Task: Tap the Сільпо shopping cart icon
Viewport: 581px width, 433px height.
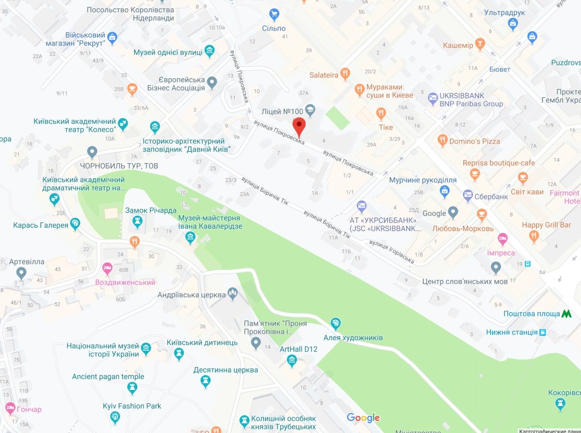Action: tap(274, 15)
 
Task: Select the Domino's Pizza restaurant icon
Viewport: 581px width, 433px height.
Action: tap(442, 141)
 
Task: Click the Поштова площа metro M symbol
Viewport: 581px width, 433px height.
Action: tap(566, 314)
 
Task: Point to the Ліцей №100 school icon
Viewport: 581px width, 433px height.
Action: tap(310, 111)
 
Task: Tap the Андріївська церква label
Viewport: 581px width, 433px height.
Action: tap(192, 294)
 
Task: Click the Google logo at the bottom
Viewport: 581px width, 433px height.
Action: tap(363, 418)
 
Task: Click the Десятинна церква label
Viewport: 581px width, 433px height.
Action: tap(226, 370)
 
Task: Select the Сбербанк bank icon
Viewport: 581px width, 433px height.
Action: tap(468, 196)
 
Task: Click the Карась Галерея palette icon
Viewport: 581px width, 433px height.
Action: tap(75, 224)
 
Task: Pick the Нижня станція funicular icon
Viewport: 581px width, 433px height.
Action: tap(543, 332)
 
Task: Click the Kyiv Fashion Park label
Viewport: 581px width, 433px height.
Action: tap(132, 406)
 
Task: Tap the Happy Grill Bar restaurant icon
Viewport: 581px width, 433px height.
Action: tap(534, 237)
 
